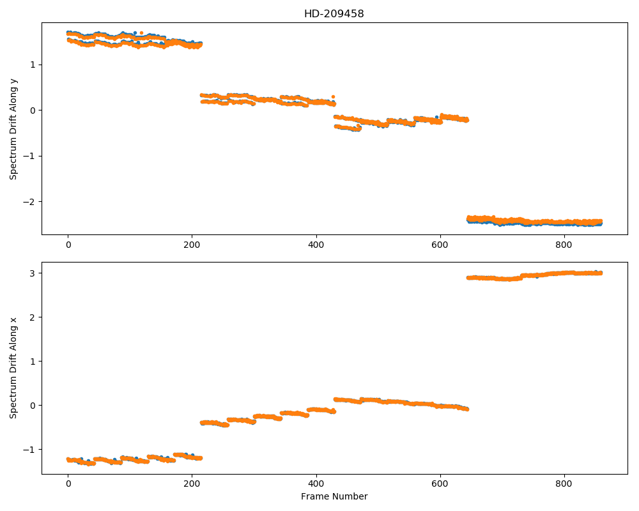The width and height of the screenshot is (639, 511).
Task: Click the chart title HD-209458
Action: [x=334, y=14]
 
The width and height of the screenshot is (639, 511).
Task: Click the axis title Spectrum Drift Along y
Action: [x=13, y=129]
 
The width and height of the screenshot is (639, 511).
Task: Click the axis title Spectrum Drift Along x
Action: [x=13, y=368]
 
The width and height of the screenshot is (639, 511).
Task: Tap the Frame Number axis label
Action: [x=334, y=496]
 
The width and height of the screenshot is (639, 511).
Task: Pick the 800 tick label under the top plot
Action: [x=564, y=245]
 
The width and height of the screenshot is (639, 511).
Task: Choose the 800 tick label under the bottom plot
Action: [x=564, y=484]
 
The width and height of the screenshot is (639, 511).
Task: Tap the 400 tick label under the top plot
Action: [x=316, y=245]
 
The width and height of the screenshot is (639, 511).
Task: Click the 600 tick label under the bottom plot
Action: [x=440, y=484]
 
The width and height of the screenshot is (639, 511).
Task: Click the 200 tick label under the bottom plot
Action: [x=192, y=484]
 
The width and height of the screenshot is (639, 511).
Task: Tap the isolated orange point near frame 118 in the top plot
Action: [x=141, y=33]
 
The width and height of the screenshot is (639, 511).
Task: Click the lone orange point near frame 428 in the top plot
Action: [x=334, y=97]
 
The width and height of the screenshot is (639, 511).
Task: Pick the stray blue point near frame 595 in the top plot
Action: [x=436, y=118]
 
